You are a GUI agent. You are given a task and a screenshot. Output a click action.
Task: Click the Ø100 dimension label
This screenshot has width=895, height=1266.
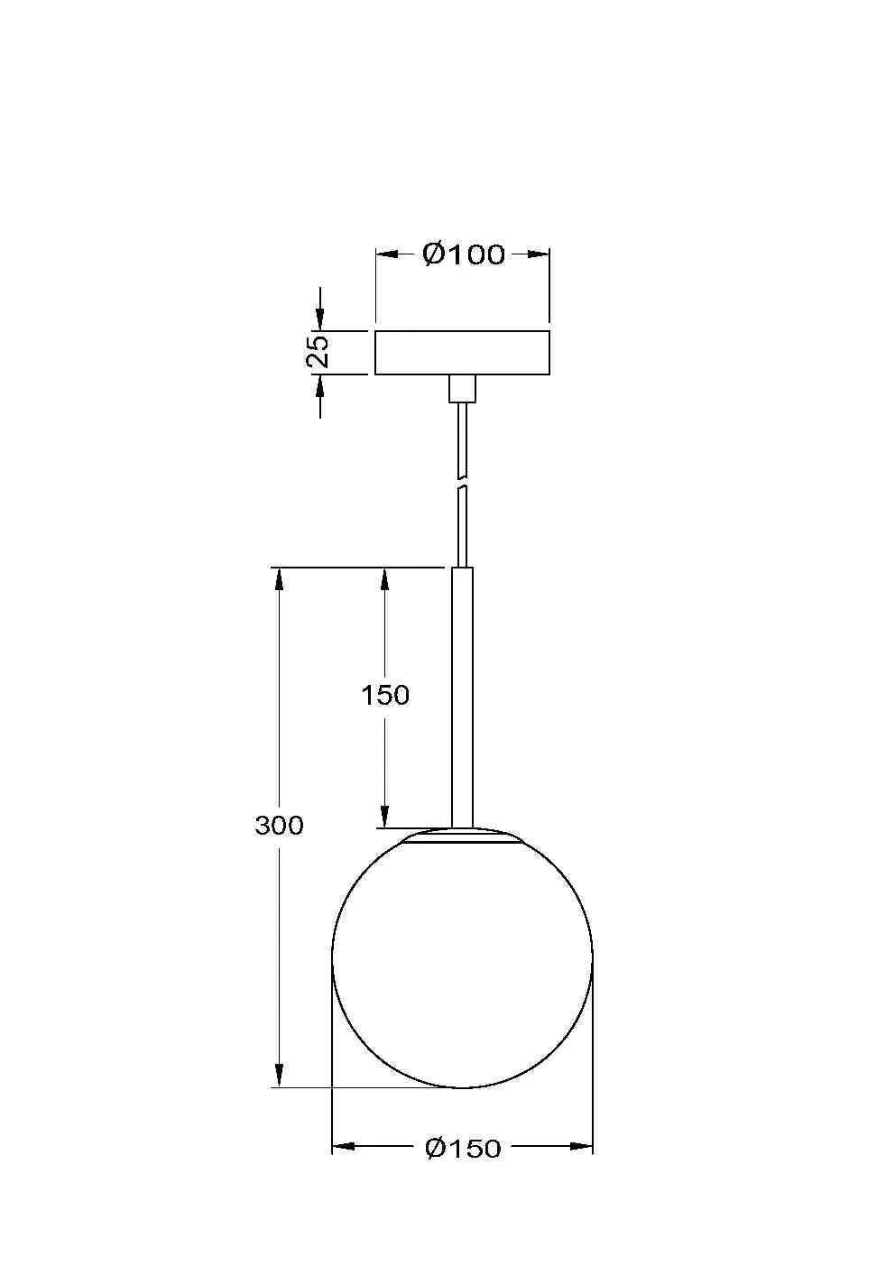(463, 254)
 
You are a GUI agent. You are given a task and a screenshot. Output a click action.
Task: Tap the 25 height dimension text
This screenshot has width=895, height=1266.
(318, 352)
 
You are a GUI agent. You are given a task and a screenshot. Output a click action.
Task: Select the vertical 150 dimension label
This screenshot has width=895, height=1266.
(385, 695)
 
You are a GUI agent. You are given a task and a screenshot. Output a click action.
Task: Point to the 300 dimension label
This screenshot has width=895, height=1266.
(279, 825)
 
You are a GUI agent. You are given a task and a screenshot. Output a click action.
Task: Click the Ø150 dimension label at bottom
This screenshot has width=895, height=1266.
(462, 1148)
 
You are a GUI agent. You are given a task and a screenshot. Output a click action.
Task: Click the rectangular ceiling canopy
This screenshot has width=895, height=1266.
(462, 353)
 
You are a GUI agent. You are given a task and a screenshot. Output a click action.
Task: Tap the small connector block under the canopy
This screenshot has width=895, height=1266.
(462, 389)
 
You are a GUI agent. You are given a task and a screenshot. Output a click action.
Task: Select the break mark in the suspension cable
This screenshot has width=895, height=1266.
(462, 482)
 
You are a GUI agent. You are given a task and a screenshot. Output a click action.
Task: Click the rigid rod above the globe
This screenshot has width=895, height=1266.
(462, 695)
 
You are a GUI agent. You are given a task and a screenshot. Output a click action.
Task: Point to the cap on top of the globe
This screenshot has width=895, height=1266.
(462, 836)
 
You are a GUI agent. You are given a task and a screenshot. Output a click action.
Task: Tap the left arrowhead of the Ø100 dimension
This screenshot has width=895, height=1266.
(386, 254)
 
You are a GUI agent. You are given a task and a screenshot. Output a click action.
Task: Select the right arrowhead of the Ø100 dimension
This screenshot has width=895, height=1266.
(538, 254)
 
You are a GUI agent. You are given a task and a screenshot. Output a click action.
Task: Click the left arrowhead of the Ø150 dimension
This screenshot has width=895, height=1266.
(344, 1147)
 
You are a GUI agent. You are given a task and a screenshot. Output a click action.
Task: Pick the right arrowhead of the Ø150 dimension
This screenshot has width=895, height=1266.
(582, 1147)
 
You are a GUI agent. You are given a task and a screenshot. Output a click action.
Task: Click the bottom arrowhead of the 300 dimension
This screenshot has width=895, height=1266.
(280, 1075)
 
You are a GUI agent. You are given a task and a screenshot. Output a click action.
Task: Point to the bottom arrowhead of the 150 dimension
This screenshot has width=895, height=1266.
(385, 817)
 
